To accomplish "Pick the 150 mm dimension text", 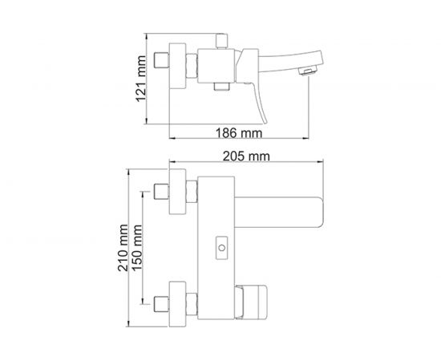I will [140, 249].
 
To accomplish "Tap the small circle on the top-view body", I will [219, 249].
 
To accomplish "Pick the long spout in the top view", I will [277, 197].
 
